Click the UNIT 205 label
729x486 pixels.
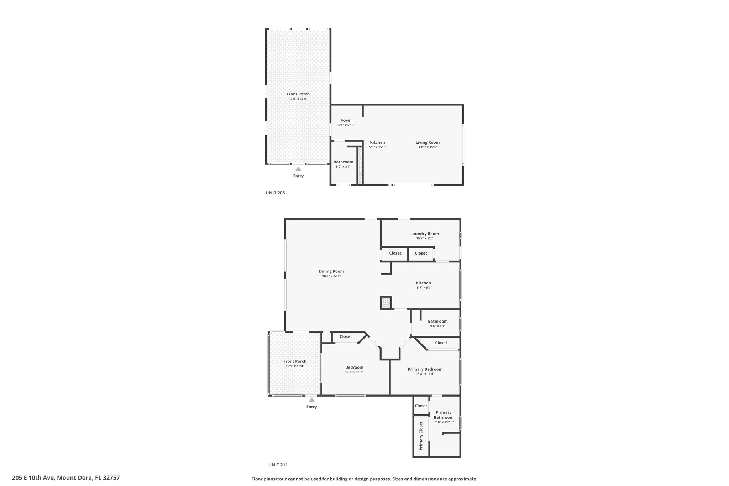click(275, 193)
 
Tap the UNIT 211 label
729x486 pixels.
click(278, 465)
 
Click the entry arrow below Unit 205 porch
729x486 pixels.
click(298, 169)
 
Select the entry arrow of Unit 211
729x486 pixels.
click(311, 399)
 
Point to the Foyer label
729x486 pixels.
click(346, 120)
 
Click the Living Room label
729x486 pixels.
click(428, 142)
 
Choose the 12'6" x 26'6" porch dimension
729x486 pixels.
click(298, 99)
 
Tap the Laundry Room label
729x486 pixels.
click(424, 234)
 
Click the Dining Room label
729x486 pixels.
click(331, 271)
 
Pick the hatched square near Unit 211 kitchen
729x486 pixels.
click(386, 303)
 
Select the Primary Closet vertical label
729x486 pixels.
click(421, 436)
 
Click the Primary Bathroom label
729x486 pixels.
click(444, 415)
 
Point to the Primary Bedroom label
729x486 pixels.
click(425, 369)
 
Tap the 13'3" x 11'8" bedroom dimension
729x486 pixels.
click(354, 372)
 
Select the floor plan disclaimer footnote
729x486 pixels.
click(364, 479)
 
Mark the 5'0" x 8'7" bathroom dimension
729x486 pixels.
click(343, 167)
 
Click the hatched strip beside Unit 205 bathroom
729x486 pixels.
click(360, 166)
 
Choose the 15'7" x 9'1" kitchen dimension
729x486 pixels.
click(423, 288)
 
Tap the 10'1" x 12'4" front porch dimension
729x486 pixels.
click(295, 366)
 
